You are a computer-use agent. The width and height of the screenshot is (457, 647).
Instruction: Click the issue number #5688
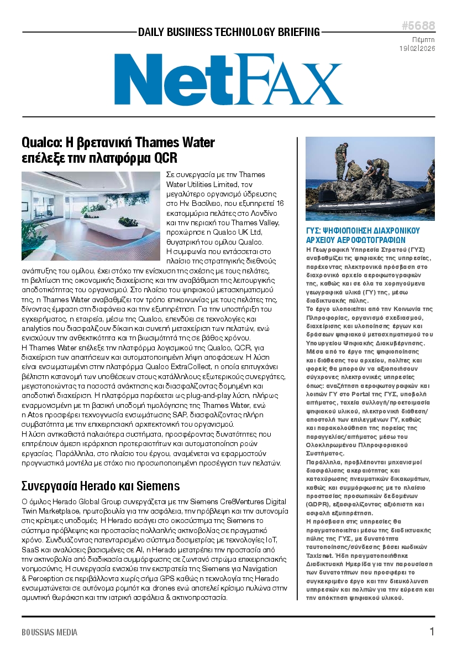tap(418, 26)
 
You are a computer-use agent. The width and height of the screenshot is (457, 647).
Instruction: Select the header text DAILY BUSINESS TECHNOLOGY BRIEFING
tap(228, 32)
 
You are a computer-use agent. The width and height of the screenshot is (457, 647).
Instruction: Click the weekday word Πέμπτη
tap(424, 40)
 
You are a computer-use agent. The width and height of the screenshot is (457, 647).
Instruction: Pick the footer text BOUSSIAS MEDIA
tap(50, 632)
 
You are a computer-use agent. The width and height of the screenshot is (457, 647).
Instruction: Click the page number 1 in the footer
tap(432, 632)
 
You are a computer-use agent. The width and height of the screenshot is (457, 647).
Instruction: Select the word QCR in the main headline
tap(165, 158)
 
